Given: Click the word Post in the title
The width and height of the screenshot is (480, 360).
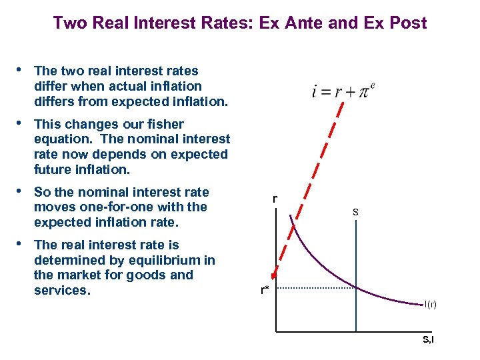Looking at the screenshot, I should (x=407, y=23).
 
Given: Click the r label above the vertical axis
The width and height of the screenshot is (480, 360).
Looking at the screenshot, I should (x=275, y=198).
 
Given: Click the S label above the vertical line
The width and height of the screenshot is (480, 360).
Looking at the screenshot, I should (x=355, y=212).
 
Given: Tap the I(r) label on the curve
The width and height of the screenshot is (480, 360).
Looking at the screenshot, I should (x=431, y=305).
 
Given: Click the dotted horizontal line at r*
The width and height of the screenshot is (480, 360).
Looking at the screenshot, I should (x=313, y=288).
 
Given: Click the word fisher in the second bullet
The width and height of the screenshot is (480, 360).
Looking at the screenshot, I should (x=166, y=124).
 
